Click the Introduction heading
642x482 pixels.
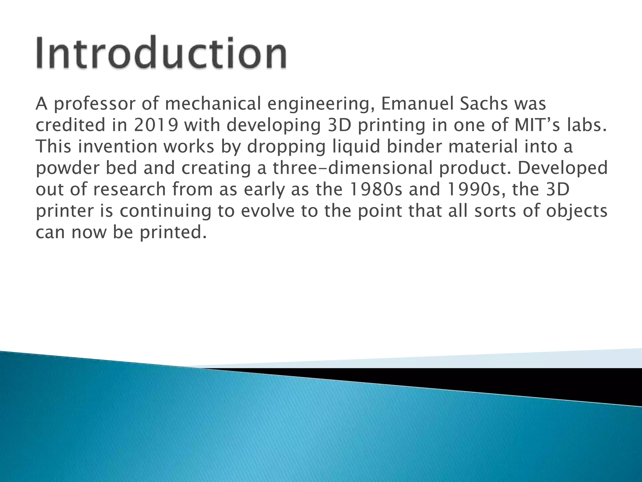[161, 52]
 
